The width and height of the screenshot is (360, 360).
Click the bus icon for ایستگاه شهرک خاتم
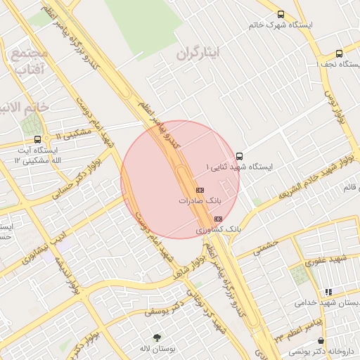tap(281, 14)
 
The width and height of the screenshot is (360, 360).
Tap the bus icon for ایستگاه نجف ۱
tap(340, 53)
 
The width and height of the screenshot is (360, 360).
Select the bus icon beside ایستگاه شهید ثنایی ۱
tap(239, 156)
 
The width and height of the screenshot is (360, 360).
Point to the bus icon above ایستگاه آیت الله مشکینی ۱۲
tap(46, 139)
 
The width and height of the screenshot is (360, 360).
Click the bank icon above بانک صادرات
tap(200, 190)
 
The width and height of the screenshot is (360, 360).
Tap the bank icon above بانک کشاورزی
tap(217, 219)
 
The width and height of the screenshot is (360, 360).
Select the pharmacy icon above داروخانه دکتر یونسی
tap(321, 340)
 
